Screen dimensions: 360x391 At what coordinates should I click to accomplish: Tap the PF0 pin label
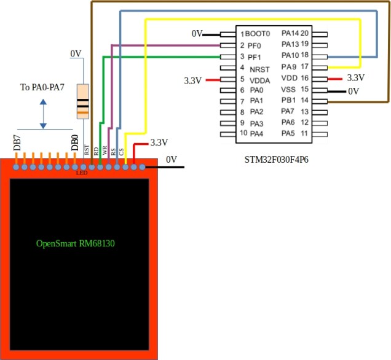click(255, 45)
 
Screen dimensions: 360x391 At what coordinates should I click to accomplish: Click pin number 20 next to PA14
click(304, 33)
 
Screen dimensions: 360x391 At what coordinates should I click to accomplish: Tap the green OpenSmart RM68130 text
click(76, 243)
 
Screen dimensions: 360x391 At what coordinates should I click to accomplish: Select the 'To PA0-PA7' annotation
click(42, 87)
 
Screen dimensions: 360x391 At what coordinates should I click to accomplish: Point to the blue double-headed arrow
click(43, 114)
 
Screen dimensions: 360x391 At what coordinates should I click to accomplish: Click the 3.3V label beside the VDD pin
click(356, 78)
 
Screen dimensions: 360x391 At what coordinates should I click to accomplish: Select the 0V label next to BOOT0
click(196, 34)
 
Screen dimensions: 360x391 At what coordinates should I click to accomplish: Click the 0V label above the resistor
click(76, 54)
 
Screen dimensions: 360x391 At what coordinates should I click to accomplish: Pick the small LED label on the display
click(82, 173)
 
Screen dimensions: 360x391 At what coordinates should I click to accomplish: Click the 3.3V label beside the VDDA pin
click(193, 80)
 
